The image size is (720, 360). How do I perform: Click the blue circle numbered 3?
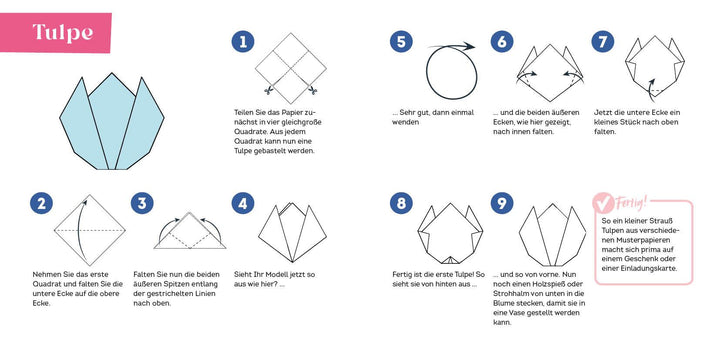[x=143, y=204]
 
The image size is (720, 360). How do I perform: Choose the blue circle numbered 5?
[x=401, y=42]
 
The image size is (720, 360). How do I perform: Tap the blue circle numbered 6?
[x=502, y=42]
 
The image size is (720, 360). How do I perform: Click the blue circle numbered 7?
[x=602, y=42]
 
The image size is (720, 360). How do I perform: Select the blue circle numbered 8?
[x=401, y=204]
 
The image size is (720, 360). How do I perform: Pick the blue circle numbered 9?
[x=502, y=204]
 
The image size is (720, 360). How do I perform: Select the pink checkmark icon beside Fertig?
[x=605, y=204]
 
